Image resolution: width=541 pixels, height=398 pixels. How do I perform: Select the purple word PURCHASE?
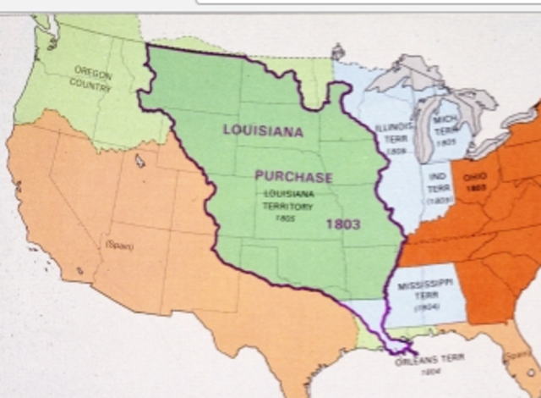(x=293, y=177)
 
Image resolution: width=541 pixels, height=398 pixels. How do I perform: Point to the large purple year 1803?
(x=344, y=224)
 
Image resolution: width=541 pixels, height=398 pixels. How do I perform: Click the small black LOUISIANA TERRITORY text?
(x=285, y=199)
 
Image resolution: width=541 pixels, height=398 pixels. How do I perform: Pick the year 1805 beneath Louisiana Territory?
(x=284, y=218)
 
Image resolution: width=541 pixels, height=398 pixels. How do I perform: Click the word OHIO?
(x=475, y=179)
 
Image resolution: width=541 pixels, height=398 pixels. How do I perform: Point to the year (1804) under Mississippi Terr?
(x=425, y=311)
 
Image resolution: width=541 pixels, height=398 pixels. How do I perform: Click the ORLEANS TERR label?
(x=429, y=360)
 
